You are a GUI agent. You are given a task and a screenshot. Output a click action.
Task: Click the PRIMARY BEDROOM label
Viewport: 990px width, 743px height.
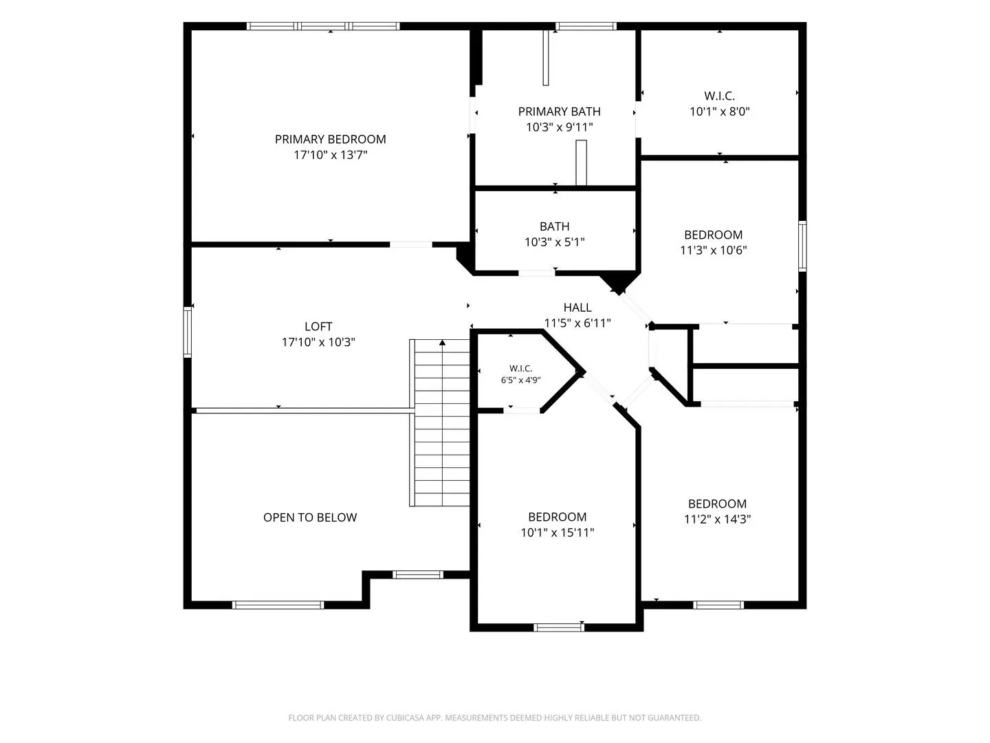pos(330,139)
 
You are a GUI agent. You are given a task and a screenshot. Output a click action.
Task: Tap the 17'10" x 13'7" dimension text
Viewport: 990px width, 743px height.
pos(330,155)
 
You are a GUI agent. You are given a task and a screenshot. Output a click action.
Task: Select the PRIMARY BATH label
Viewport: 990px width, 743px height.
pos(559,111)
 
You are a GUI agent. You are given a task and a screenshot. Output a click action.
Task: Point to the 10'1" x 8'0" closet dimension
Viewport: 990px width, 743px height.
pos(719,111)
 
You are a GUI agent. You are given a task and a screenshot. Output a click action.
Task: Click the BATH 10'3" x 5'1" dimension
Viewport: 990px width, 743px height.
pos(554,241)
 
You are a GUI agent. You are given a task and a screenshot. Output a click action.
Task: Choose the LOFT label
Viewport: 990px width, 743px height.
pos(318,326)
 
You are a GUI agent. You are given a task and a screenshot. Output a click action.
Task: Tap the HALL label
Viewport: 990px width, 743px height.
pos(577,308)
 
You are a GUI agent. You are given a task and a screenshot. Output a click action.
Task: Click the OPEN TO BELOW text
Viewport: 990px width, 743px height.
pos(310,517)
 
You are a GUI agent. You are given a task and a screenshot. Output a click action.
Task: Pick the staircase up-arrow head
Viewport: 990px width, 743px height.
pos(442,343)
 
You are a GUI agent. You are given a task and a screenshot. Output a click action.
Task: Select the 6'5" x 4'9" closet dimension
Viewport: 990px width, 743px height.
pos(520,380)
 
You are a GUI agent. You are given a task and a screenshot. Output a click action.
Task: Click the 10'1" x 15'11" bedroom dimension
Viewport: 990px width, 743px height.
pos(557,532)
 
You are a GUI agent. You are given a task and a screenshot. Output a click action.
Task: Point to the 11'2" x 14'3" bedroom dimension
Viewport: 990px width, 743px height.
pos(717,519)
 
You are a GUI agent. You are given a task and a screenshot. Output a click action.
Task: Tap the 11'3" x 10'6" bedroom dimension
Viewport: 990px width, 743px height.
pos(713,250)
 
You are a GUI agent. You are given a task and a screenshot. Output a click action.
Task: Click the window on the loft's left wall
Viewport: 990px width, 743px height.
pos(187,332)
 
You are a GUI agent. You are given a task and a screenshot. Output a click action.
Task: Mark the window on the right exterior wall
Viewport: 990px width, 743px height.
pos(802,246)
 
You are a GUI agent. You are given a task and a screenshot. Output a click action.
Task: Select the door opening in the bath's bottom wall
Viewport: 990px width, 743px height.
pos(536,273)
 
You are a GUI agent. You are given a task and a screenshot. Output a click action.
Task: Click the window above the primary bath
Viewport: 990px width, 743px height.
pos(586,26)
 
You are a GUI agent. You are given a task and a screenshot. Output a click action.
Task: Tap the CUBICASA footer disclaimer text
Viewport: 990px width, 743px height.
pos(495,718)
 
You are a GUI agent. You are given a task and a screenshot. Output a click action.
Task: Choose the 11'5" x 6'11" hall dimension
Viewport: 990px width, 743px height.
pos(577,323)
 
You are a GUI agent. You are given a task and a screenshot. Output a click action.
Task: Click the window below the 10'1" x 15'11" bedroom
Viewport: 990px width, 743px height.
pos(559,627)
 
